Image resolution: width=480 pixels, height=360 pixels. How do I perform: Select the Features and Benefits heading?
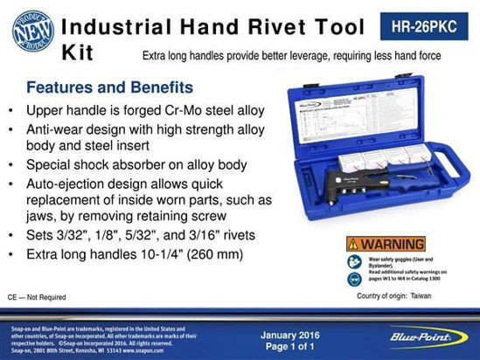tap(109, 88)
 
